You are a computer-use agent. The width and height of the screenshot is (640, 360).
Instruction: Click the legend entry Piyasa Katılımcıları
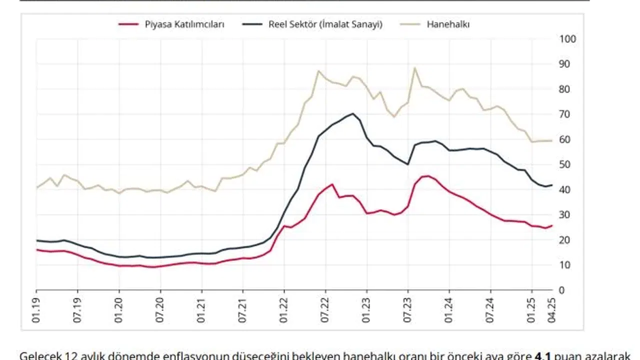[184, 24]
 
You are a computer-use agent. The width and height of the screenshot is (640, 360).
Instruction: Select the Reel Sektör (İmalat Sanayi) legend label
[325, 24]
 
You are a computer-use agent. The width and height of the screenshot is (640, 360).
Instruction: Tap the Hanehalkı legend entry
[447, 24]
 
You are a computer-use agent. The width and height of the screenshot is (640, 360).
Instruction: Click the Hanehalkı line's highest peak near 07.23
[414, 68]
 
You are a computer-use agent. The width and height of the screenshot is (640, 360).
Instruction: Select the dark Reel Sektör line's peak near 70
[353, 113]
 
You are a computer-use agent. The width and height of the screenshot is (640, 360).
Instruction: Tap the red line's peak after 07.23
[426, 175]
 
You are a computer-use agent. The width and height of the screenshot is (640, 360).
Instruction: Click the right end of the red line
[552, 225]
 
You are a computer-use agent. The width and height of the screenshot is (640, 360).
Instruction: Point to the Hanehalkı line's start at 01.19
[36, 187]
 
